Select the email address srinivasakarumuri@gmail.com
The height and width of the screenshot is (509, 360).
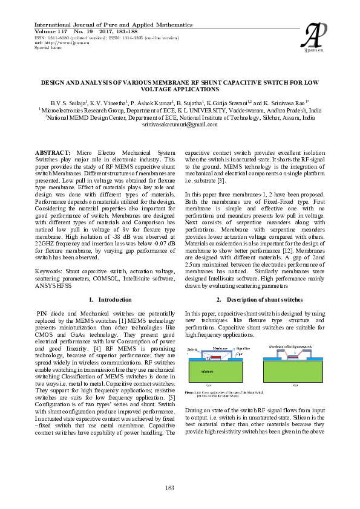pos(179,125)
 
